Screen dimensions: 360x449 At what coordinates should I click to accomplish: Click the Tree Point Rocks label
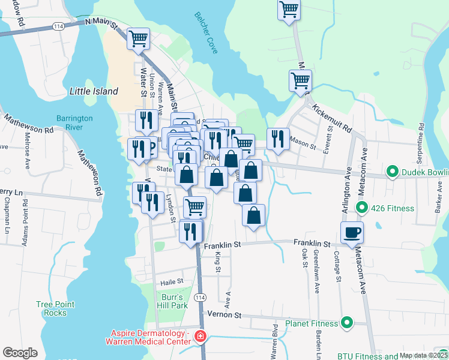55,308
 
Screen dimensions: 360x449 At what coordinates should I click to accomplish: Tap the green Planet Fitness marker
346,323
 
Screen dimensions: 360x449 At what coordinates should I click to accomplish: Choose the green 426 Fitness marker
361,208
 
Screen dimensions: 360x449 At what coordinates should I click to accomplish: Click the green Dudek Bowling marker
392,173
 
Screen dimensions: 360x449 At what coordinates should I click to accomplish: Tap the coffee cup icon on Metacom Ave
352,232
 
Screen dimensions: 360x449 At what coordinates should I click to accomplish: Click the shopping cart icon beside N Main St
139,38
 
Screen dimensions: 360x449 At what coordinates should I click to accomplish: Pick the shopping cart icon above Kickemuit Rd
300,80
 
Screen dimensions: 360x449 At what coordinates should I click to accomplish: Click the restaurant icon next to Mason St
278,138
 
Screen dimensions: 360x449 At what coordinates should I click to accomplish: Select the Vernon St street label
224,314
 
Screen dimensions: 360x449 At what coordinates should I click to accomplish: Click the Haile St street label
171,282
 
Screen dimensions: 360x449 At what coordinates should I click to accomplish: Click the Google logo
20,352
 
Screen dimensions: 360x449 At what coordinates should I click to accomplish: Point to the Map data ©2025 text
422,355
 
